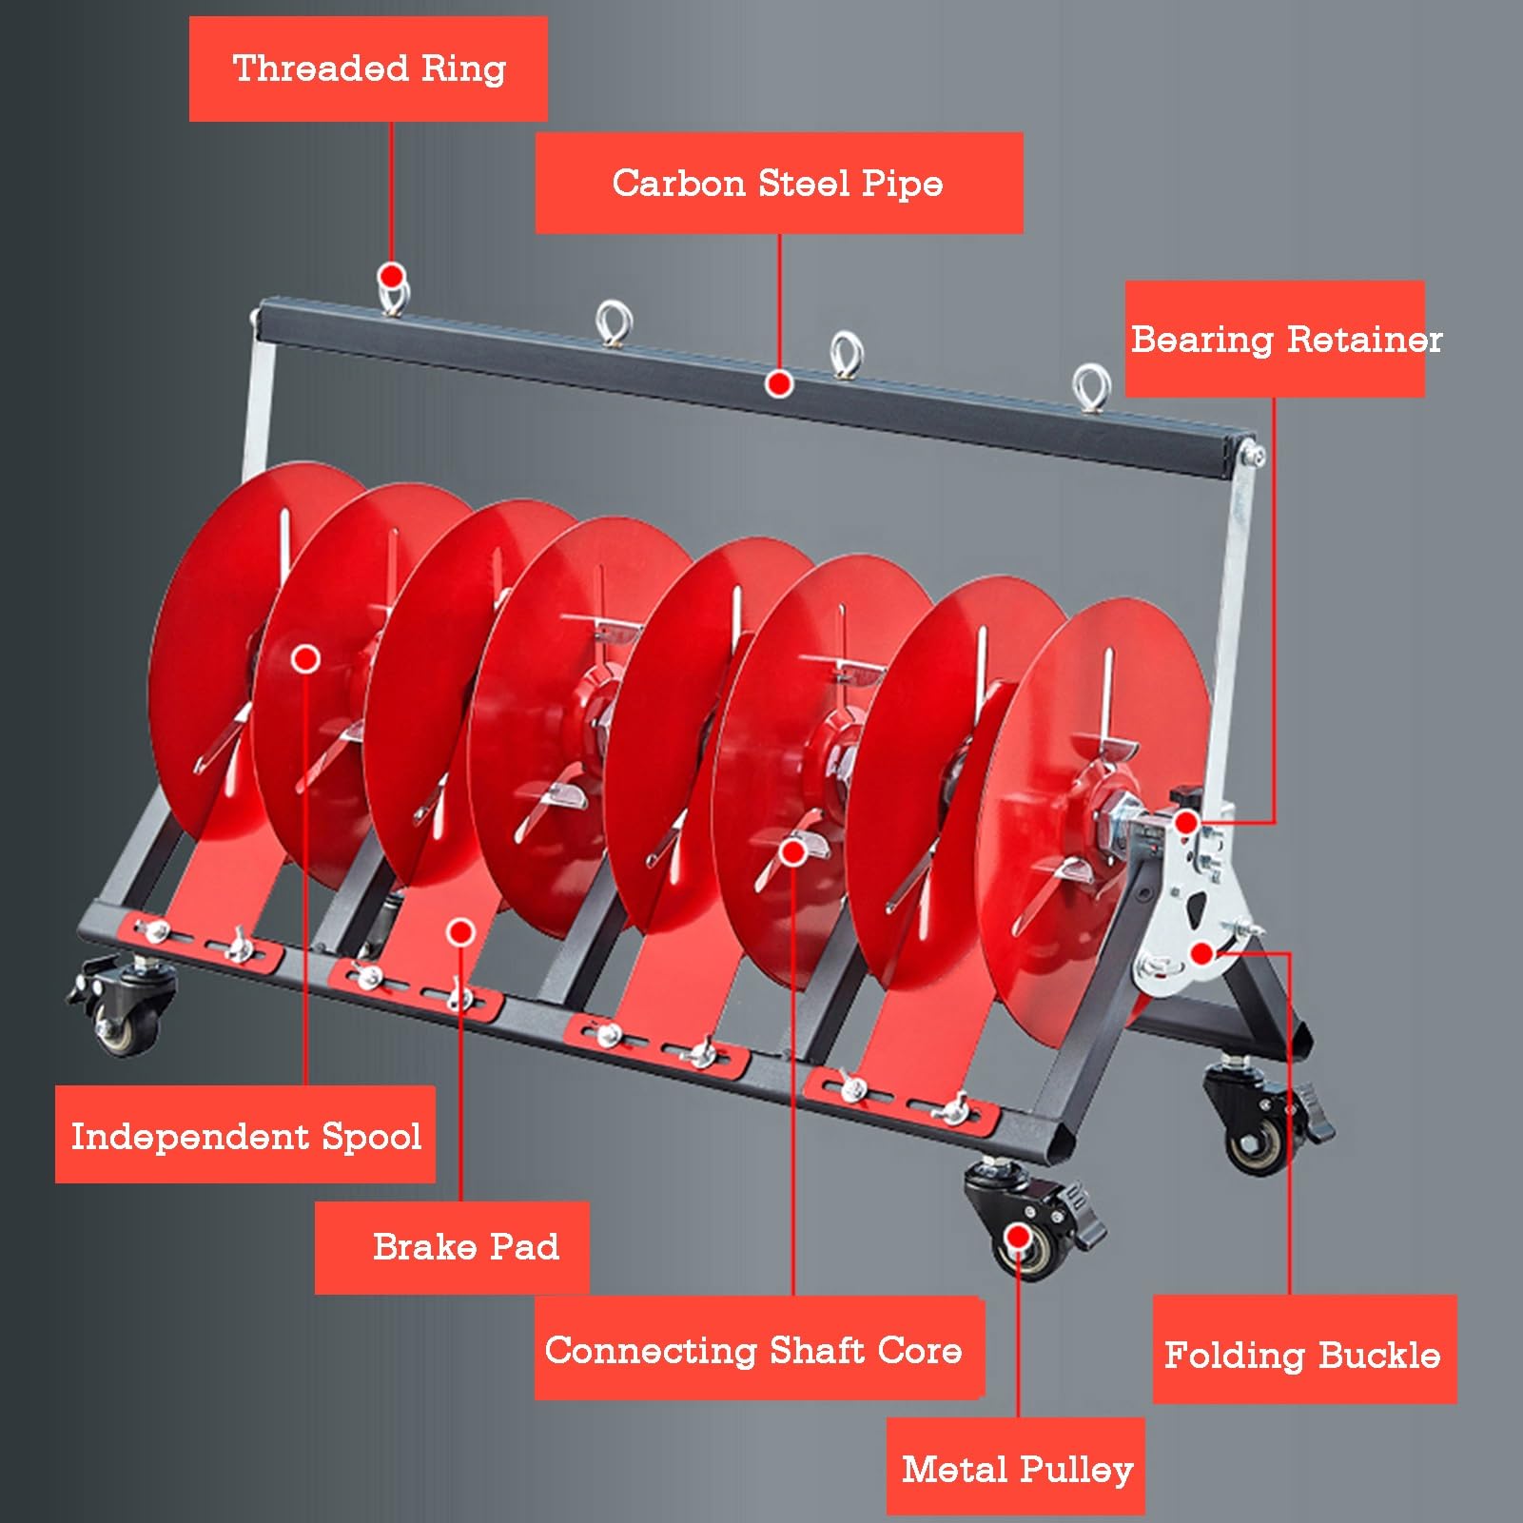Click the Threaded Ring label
(x=368, y=68)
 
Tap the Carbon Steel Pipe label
(x=779, y=183)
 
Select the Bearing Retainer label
(x=1275, y=339)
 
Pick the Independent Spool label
(x=245, y=1135)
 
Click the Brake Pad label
(x=453, y=1247)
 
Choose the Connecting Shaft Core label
(x=758, y=1349)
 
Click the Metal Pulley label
(x=1016, y=1468)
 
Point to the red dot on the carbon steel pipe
(x=780, y=384)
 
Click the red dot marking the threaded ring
(x=391, y=276)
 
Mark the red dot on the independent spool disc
(x=305, y=658)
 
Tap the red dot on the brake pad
(x=460, y=932)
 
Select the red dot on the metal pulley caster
(x=1018, y=1237)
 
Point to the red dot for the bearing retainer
(x=1186, y=822)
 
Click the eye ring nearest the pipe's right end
(x=1091, y=388)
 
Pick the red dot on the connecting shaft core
(x=792, y=851)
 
